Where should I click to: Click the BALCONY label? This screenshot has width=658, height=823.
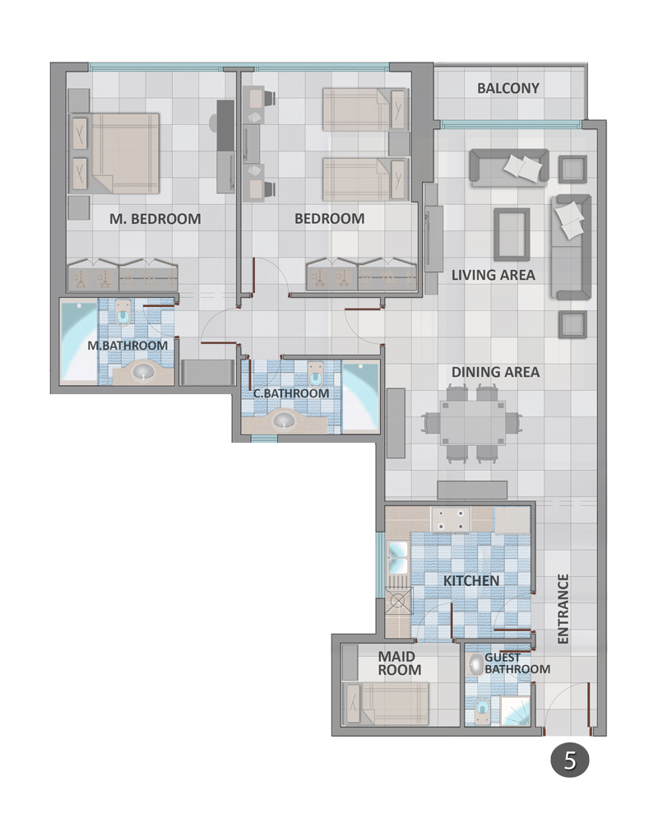[x=508, y=88]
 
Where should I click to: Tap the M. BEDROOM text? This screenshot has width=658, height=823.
[x=155, y=219]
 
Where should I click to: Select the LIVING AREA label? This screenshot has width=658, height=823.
[x=493, y=275]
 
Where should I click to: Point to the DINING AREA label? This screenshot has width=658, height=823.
[x=495, y=372]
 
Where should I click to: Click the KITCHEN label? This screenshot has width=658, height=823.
[x=471, y=580]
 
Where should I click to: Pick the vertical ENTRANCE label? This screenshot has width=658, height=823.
[x=563, y=609]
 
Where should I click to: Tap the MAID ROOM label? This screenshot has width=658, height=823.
[x=400, y=663]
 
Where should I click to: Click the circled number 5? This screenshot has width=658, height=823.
[x=570, y=760]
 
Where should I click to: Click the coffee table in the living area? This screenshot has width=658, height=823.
[x=512, y=234]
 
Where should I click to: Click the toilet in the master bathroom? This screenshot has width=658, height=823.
[x=123, y=314]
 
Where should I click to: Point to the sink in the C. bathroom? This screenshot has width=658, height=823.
[x=285, y=421]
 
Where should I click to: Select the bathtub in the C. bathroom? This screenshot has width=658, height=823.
[x=360, y=397]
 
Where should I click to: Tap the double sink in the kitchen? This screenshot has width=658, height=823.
[x=397, y=557]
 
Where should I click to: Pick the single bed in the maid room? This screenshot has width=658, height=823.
[x=386, y=704]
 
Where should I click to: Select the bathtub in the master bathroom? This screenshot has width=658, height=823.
[x=79, y=342]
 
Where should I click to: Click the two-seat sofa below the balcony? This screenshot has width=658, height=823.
[x=509, y=167]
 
